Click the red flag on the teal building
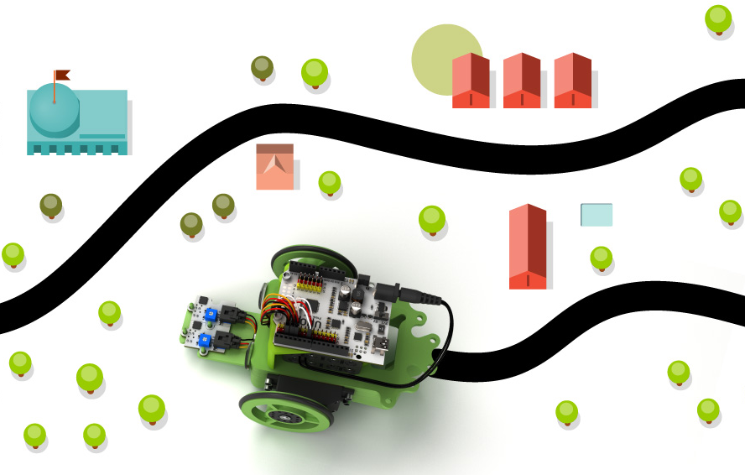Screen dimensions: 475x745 [x=62, y=76]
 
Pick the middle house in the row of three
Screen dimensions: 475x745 [x=521, y=81]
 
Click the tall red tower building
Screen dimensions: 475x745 [x=528, y=248]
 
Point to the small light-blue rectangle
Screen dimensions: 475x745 [x=597, y=215]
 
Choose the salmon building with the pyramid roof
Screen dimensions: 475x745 [x=274, y=167]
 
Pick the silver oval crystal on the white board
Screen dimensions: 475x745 [x=360, y=326]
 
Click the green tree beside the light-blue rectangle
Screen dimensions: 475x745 [x=601, y=257]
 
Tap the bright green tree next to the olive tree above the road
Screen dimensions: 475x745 [x=315, y=72]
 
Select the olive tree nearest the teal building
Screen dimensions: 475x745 [x=51, y=204]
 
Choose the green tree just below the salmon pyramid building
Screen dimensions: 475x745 [x=329, y=181]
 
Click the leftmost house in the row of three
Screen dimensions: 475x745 [x=471, y=81]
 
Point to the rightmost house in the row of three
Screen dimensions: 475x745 [x=573, y=81]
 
